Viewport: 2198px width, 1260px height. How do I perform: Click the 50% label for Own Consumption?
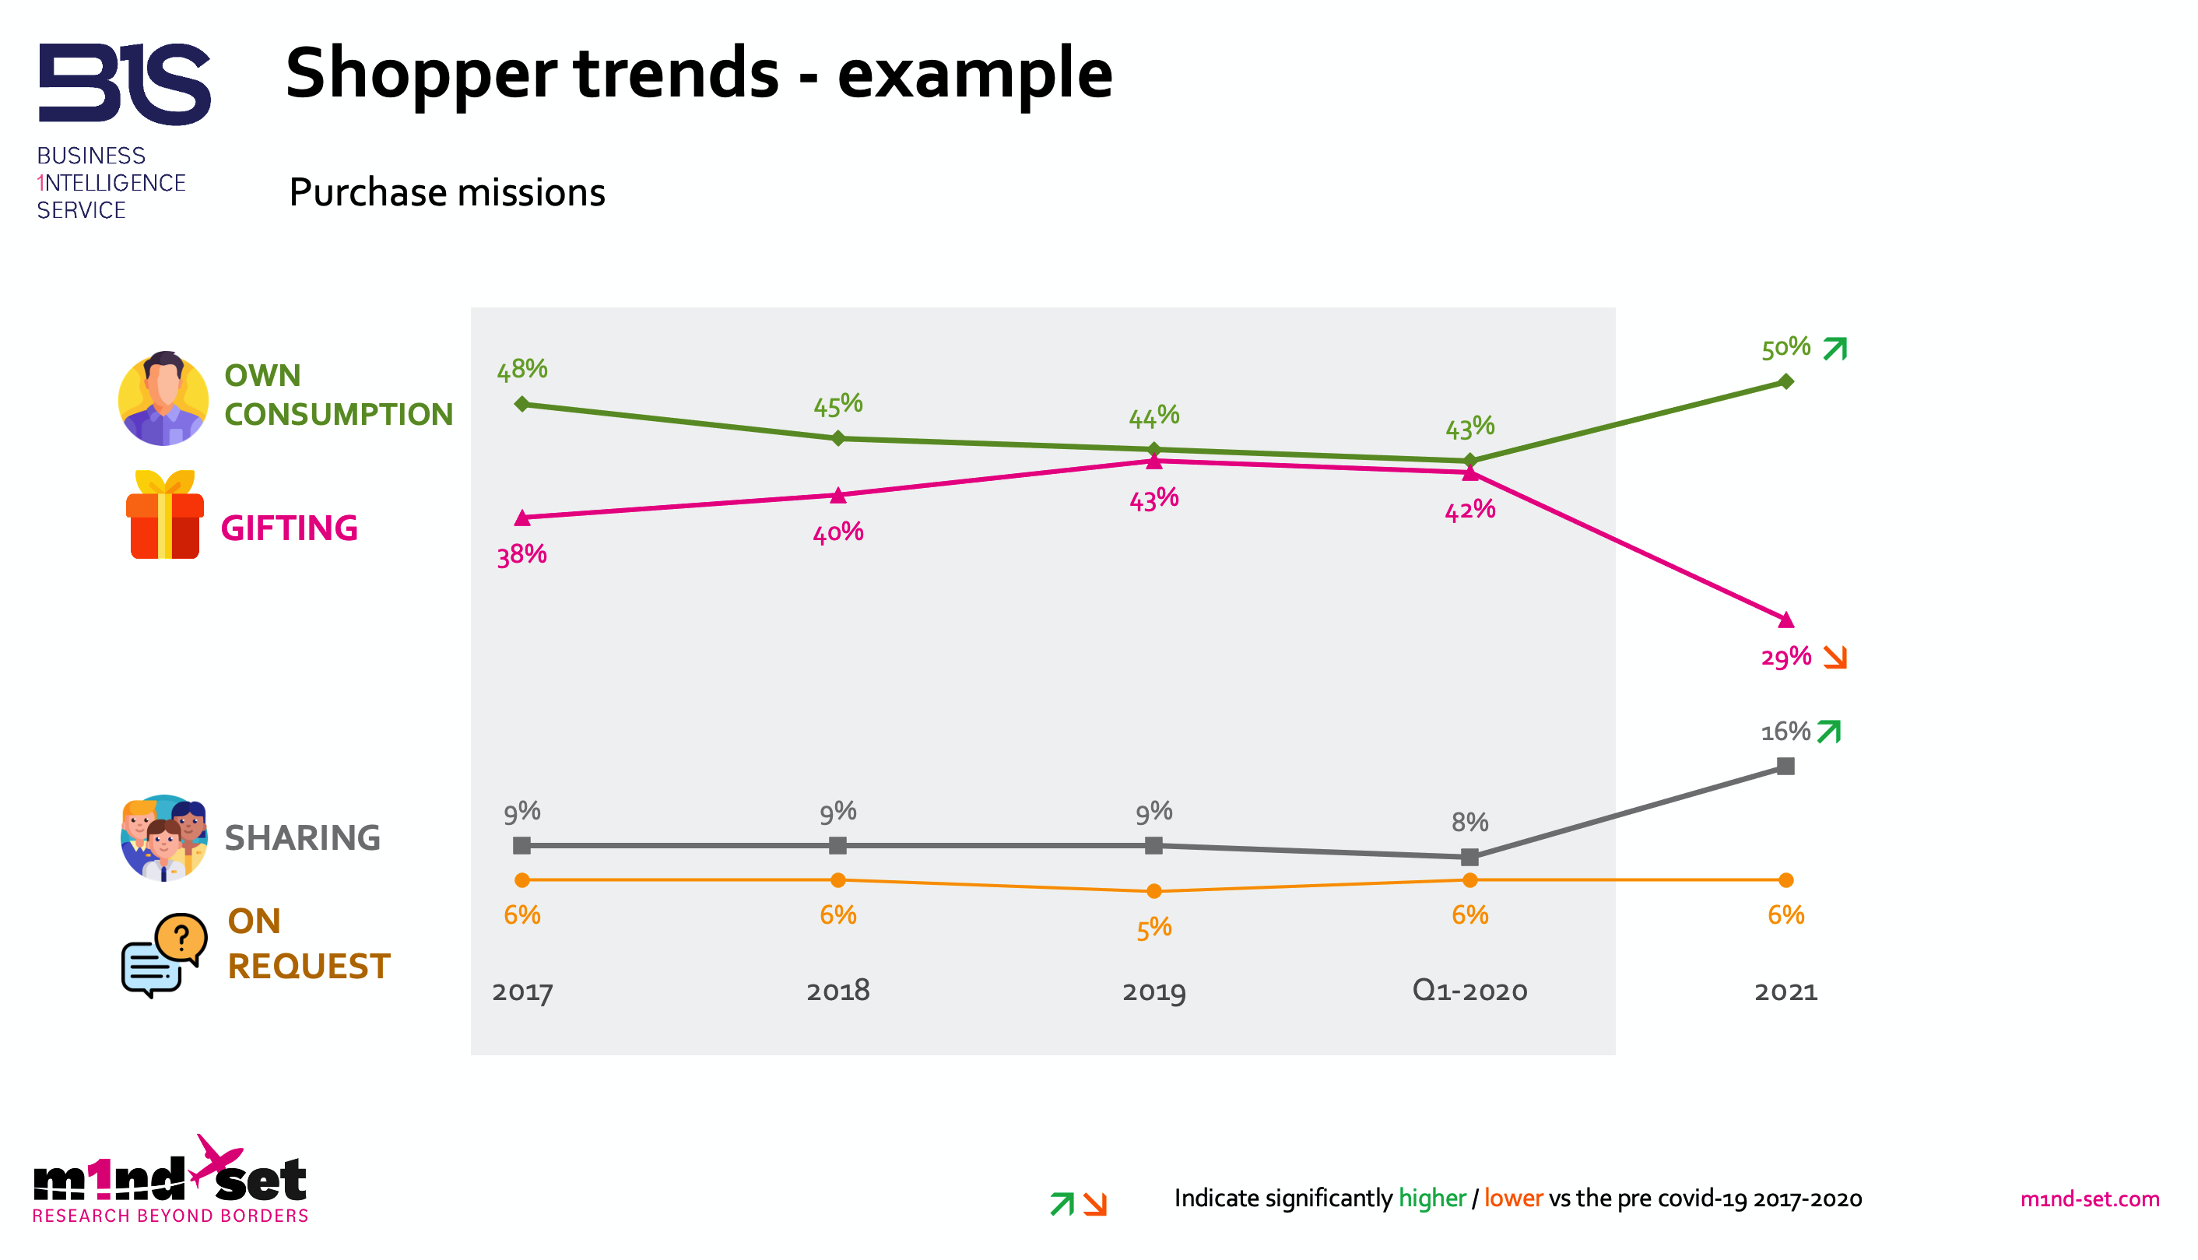point(1785,349)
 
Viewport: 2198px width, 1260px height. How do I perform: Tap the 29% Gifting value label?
point(1785,658)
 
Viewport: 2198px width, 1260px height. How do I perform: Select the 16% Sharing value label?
point(1785,733)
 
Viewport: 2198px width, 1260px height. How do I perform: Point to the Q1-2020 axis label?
point(1469,991)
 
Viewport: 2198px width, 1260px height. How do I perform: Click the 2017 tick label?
point(521,992)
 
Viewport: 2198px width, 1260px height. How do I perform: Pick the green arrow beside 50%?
point(1835,349)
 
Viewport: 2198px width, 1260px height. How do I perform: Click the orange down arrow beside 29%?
point(1835,658)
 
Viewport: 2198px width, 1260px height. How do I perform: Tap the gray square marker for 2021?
point(1785,767)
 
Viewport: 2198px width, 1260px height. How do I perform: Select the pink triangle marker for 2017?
point(521,518)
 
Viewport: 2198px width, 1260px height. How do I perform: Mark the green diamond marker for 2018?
point(837,439)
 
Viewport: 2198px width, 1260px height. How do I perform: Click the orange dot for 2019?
point(1153,891)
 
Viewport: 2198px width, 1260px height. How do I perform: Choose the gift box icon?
point(164,516)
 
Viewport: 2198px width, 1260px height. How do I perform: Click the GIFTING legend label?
point(289,528)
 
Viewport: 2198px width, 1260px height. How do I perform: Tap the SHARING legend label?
point(302,838)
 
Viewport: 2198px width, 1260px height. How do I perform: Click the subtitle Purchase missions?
point(447,193)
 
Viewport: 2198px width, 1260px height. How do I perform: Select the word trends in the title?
point(676,74)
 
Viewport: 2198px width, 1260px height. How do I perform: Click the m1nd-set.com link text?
point(2089,1199)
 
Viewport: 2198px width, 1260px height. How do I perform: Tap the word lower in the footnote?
point(1512,1199)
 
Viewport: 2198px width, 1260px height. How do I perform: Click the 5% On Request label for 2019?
point(1153,929)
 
